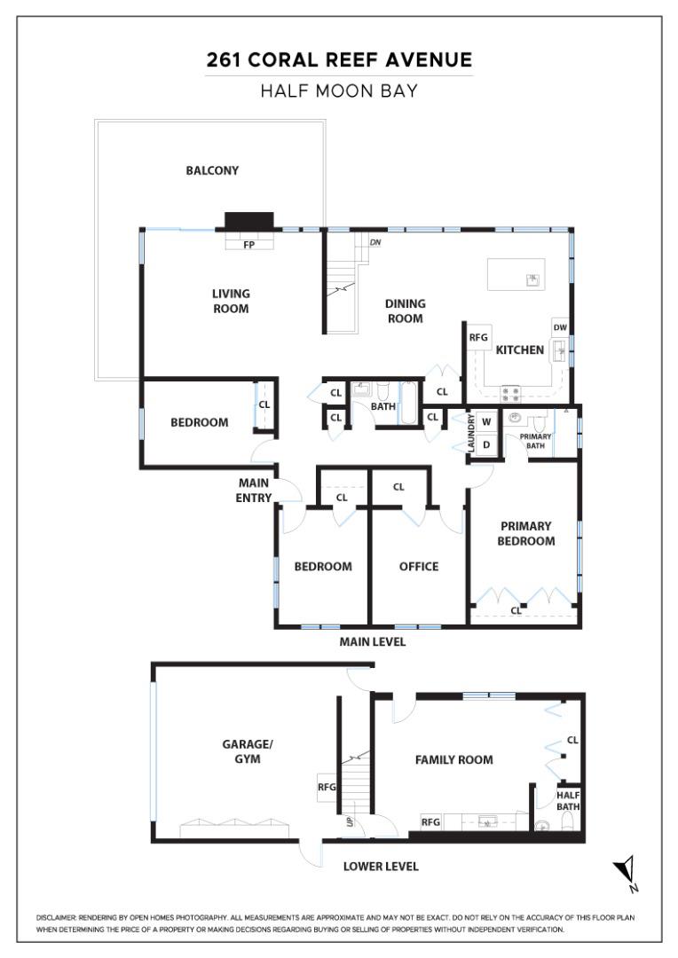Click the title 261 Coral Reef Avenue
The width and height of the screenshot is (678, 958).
point(339,60)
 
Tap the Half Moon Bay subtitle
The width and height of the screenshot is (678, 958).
point(339,90)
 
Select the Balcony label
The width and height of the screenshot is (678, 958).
point(212,170)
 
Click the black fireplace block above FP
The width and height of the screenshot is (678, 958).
point(249,221)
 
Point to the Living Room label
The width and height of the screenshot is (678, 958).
point(231,301)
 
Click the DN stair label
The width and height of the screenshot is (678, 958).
point(374,241)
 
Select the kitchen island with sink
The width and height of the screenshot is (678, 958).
point(516,276)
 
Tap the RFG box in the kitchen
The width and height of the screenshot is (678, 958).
point(479,337)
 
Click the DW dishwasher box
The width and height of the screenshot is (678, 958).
point(560,327)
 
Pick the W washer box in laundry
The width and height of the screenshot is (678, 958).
point(486,421)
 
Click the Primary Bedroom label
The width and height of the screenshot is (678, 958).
point(525,533)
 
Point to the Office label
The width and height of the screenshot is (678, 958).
point(419,567)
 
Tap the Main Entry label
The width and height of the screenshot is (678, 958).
point(254,490)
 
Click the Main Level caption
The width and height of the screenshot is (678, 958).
point(373,641)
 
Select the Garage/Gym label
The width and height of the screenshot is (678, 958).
point(241,752)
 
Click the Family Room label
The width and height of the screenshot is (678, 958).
point(454,759)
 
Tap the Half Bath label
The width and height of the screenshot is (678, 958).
point(568,801)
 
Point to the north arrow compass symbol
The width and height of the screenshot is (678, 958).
point(627,872)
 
